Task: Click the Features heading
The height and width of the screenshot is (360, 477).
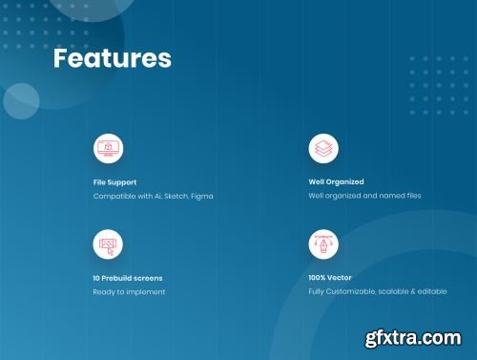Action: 113,58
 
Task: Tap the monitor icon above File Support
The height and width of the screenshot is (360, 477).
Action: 108,149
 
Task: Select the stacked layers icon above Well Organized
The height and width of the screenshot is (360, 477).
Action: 323,149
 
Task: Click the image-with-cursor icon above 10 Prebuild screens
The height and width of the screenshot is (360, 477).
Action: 108,244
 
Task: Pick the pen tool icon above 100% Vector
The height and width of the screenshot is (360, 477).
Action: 323,244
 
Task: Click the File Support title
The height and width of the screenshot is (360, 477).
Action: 114,182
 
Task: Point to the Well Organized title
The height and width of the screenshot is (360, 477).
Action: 336,182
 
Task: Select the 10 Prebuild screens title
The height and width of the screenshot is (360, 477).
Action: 128,278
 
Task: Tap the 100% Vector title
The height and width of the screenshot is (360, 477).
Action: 330,278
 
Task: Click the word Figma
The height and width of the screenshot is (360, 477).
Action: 202,197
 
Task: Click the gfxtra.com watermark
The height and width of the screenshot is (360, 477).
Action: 413,338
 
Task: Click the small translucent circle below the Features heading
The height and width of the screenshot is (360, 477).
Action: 21,101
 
